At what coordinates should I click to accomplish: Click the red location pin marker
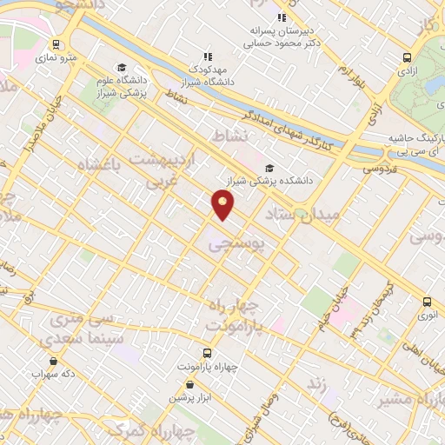point(222,204)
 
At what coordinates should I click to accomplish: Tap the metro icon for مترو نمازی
point(56,44)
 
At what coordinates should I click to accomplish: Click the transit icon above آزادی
point(407,58)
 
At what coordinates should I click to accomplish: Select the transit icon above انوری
point(426,302)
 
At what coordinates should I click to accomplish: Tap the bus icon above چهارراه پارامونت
point(207,353)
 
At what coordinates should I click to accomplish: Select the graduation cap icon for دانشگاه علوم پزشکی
point(122,68)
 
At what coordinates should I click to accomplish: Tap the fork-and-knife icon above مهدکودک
point(207,56)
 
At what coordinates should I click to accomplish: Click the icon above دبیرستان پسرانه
point(280,17)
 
